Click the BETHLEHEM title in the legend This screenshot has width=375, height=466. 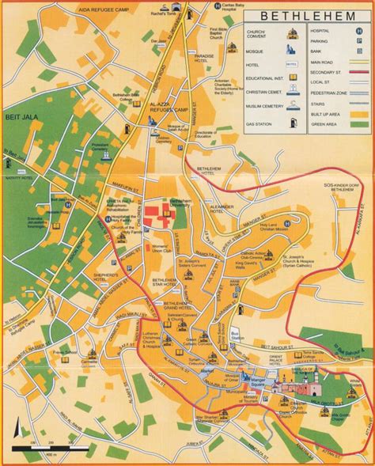[x=309, y=15]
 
